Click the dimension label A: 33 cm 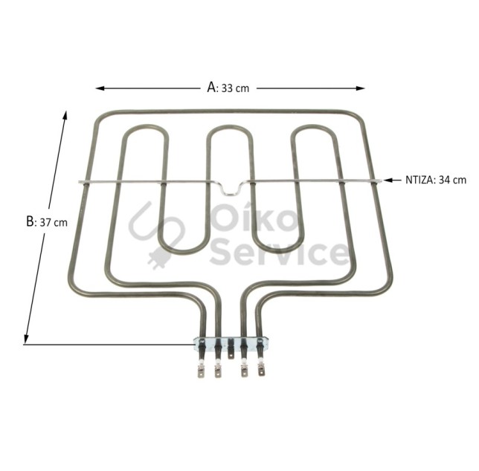click(228, 88)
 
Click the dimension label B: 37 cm click(47, 222)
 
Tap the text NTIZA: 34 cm click(436, 180)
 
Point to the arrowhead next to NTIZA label click(388, 181)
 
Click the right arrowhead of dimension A click(361, 88)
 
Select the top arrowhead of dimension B click(65, 116)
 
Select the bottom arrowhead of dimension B click(26, 340)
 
